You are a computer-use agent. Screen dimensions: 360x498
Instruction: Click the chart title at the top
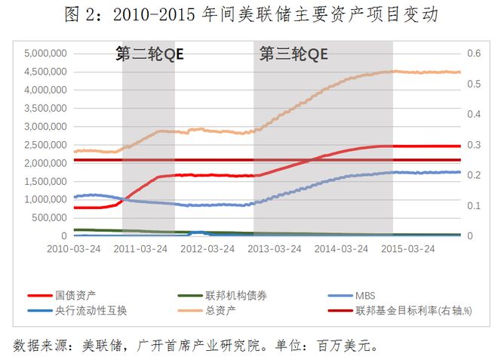coord(249,14)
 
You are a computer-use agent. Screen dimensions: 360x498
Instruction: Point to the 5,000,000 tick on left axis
coord(47,54)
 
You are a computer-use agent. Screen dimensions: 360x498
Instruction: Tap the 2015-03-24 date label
coord(407,247)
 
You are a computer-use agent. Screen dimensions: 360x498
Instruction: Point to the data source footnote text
coord(195,346)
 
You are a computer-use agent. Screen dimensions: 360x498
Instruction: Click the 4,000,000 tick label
coord(47,90)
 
